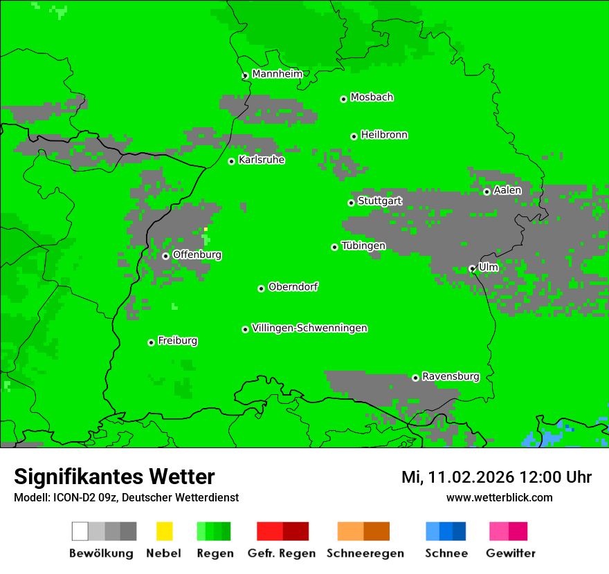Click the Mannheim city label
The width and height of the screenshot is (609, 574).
277,74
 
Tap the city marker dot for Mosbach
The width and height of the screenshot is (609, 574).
343,99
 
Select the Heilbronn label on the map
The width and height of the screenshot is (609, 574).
384,135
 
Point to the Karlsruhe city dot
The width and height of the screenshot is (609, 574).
232,162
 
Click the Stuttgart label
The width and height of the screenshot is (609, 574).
379,201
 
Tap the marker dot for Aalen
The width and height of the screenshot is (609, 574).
487,192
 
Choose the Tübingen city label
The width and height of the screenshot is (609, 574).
363,246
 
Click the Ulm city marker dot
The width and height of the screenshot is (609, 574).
472,268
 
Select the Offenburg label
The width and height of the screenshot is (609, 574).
197,255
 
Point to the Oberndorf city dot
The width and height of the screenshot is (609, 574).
261,288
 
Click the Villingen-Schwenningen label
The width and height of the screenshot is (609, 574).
309,328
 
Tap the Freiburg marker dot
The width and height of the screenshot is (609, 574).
151,342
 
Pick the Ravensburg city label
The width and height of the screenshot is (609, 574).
451,377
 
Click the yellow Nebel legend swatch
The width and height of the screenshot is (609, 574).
164,531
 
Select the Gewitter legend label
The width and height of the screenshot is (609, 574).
511,553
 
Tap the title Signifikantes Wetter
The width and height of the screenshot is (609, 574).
114,476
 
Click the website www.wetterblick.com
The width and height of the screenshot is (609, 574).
499,497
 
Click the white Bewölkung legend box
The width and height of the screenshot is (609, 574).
80,531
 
